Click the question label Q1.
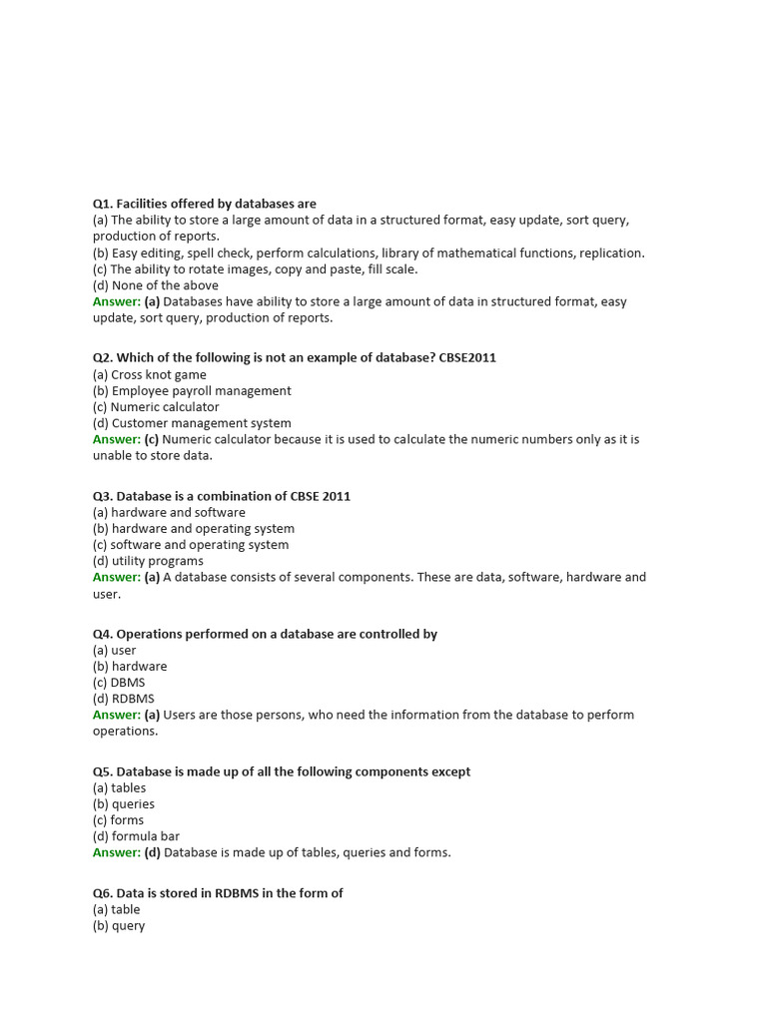(x=103, y=204)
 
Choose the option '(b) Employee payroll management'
(x=192, y=390)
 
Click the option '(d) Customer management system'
(x=192, y=423)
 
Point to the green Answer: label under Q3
(x=117, y=577)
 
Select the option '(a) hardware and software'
(x=169, y=512)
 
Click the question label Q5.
(x=103, y=771)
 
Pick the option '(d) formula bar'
(x=136, y=836)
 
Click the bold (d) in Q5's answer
(x=152, y=852)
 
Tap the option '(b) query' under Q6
(x=119, y=925)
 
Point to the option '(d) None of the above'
(x=155, y=285)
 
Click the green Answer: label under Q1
(x=117, y=301)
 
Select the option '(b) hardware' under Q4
(x=130, y=666)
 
